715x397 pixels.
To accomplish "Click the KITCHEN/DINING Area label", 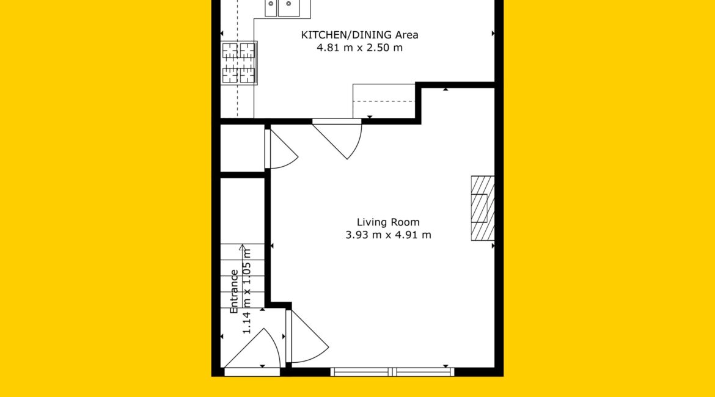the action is (359, 35).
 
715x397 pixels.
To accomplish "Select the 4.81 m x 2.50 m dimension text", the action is (359, 48).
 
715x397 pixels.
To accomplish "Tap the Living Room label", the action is (388, 222).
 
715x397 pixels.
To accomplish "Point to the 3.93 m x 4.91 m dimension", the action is (388, 235).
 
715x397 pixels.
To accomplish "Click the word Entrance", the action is (235, 291).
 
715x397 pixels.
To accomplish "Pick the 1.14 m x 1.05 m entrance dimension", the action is (247, 291).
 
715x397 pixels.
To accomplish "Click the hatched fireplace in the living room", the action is (482, 208).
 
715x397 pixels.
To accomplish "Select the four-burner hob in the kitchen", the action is (239, 63).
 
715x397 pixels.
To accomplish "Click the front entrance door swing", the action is (252, 349).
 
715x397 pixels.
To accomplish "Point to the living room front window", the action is (392, 372).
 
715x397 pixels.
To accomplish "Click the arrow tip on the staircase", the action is (242, 246).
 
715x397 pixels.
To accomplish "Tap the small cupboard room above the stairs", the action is (243, 148).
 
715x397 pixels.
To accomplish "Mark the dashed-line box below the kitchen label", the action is (384, 101).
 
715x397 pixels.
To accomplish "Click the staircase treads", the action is (243, 275).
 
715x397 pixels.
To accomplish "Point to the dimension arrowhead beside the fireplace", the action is (493, 246).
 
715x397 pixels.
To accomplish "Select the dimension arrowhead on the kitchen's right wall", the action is (493, 33).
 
